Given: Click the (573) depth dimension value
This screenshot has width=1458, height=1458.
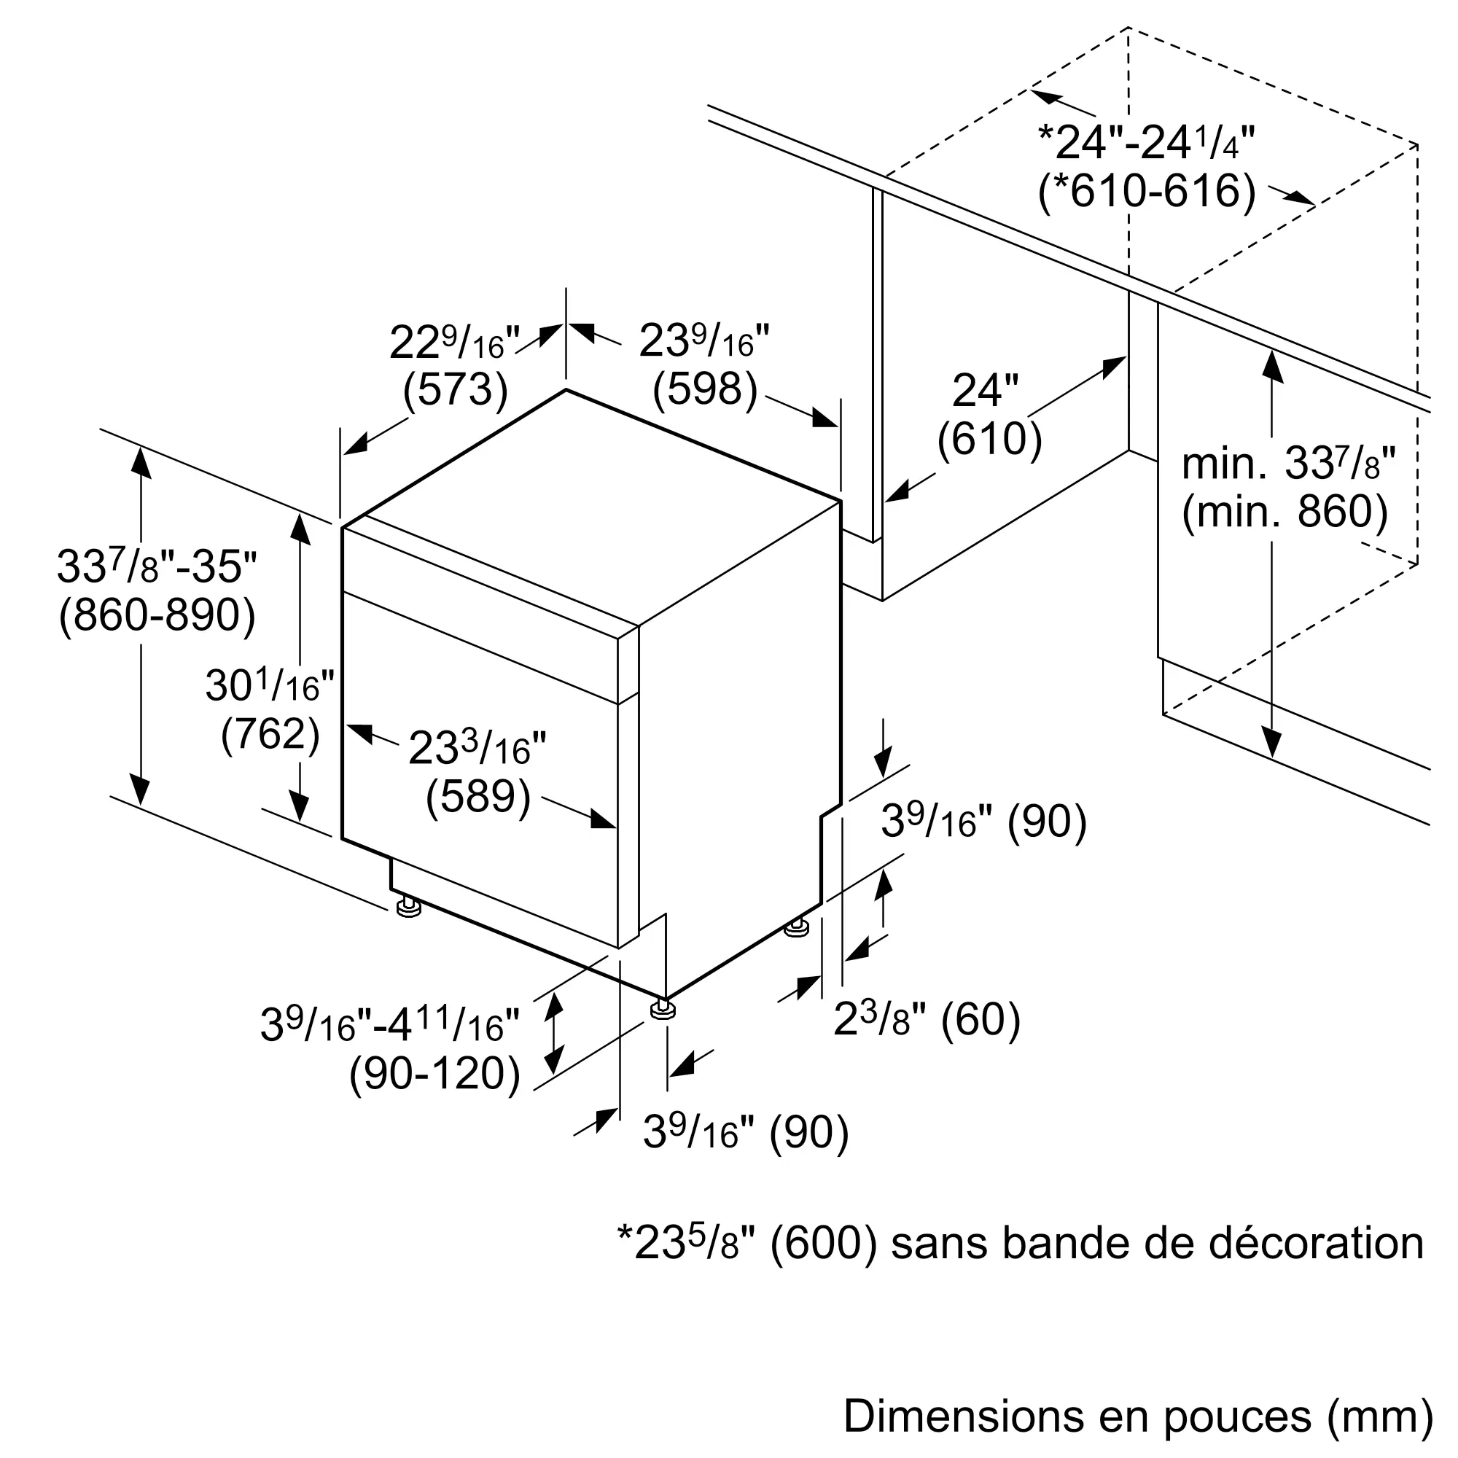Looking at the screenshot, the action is (x=455, y=391).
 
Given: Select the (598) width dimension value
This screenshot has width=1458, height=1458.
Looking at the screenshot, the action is (x=705, y=390).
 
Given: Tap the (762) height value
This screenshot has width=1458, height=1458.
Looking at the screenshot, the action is (x=270, y=734).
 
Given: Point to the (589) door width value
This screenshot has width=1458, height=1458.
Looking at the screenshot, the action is (x=478, y=797).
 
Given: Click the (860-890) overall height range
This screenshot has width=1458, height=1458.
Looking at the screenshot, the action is (x=157, y=616).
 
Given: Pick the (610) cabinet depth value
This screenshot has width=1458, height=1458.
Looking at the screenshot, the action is (x=989, y=438).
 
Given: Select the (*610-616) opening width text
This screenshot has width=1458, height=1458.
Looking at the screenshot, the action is (x=1147, y=191).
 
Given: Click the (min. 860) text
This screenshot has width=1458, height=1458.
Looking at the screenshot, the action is (x=1284, y=512).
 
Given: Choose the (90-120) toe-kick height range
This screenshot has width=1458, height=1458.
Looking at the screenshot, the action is (x=435, y=1074).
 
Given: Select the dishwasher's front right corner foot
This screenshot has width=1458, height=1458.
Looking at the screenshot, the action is (x=663, y=1010).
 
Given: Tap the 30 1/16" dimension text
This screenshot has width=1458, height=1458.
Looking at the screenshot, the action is (x=270, y=686).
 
